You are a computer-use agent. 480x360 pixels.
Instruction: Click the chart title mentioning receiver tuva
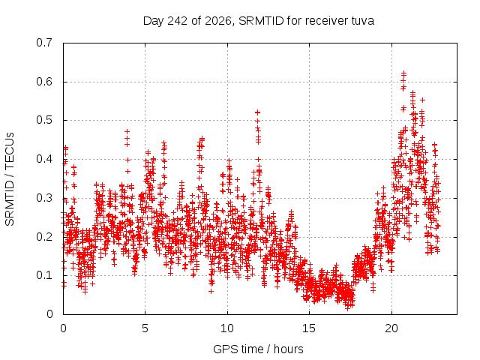(259, 21)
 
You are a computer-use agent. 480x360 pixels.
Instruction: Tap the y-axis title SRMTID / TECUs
(10, 179)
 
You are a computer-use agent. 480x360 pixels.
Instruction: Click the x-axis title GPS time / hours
(258, 349)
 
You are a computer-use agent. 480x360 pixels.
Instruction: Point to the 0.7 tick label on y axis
(44, 43)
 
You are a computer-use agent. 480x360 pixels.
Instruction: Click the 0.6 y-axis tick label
(44, 82)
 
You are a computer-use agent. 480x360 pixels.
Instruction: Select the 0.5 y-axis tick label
(44, 120)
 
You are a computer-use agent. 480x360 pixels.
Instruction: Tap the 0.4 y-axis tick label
(44, 159)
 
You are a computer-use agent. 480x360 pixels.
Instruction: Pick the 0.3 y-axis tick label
(44, 198)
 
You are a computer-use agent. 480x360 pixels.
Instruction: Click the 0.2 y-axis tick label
(44, 237)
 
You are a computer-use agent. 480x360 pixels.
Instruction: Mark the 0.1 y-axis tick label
(44, 275)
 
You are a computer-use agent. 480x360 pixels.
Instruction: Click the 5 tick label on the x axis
(145, 328)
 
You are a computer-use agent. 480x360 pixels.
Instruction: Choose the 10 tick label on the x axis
(227, 328)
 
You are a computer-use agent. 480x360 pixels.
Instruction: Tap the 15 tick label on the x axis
(309, 328)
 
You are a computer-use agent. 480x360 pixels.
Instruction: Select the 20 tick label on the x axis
(391, 328)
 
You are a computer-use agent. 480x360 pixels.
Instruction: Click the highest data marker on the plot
(403, 73)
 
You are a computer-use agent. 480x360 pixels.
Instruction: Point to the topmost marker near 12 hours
(258, 112)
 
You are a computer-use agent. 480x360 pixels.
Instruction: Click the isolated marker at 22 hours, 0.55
(422, 100)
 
